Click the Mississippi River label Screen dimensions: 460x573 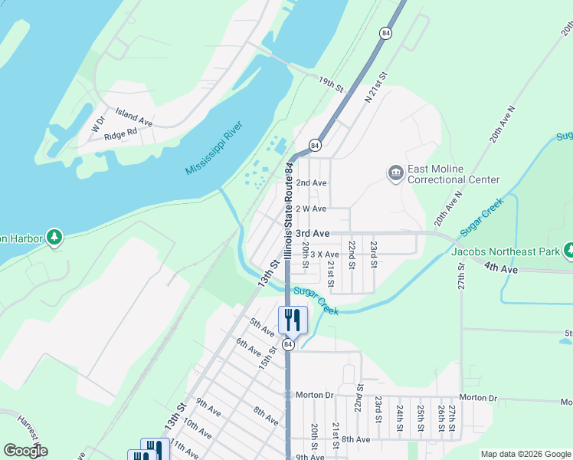tap(214, 148)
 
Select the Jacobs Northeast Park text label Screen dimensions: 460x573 tap(506, 251)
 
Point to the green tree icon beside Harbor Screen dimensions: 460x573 tap(54, 237)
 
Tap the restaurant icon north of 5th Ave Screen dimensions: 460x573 tap(292, 320)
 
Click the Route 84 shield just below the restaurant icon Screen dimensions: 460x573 tap(288, 345)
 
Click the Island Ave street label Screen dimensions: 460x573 tap(134, 118)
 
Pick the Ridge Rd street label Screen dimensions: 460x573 tap(120, 132)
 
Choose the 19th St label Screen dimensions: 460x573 tap(331, 84)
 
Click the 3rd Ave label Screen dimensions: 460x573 tap(313, 233)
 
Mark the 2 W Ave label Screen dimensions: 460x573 tap(311, 209)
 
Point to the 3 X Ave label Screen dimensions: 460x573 tap(323, 255)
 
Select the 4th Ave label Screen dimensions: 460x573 tap(501, 268)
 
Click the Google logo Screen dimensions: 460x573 tap(25, 451)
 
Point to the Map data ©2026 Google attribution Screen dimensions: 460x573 tap(525, 454)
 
